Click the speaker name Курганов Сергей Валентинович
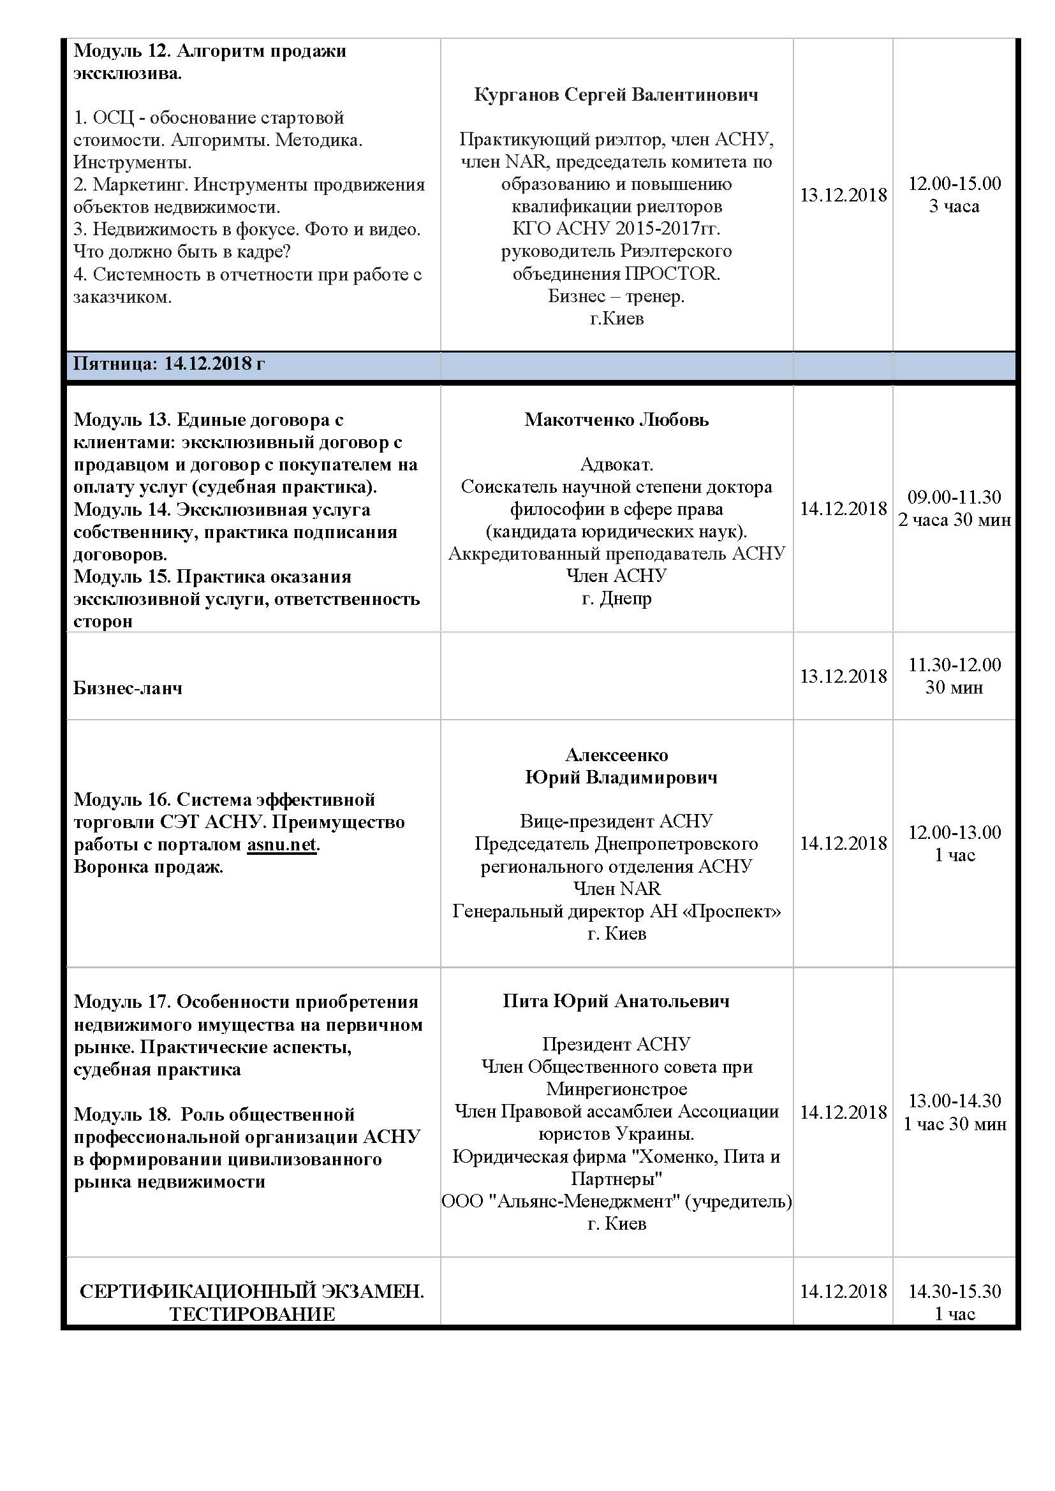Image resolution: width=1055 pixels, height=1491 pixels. pos(616,95)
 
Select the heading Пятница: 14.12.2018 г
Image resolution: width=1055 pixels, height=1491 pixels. pos(169,363)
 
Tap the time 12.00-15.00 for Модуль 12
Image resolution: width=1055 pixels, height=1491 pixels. pos(954,184)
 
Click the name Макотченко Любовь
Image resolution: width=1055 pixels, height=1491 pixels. pos(616,419)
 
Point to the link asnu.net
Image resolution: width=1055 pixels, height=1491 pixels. pos(281,844)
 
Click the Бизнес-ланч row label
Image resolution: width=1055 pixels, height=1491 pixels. pos(128,688)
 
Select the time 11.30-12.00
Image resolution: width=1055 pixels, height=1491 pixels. pos(954,664)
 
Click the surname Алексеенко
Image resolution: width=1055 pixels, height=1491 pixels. pos(616,755)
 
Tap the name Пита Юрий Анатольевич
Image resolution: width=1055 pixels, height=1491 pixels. pos(616,1001)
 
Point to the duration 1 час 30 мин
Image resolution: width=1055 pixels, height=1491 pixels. pos(954,1123)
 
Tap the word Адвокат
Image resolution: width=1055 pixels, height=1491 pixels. pos(616,464)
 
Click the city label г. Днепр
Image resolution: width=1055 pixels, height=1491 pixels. pos(616,598)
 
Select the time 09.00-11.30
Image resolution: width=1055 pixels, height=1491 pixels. pos(954,497)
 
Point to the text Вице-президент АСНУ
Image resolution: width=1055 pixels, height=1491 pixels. pos(616,821)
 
